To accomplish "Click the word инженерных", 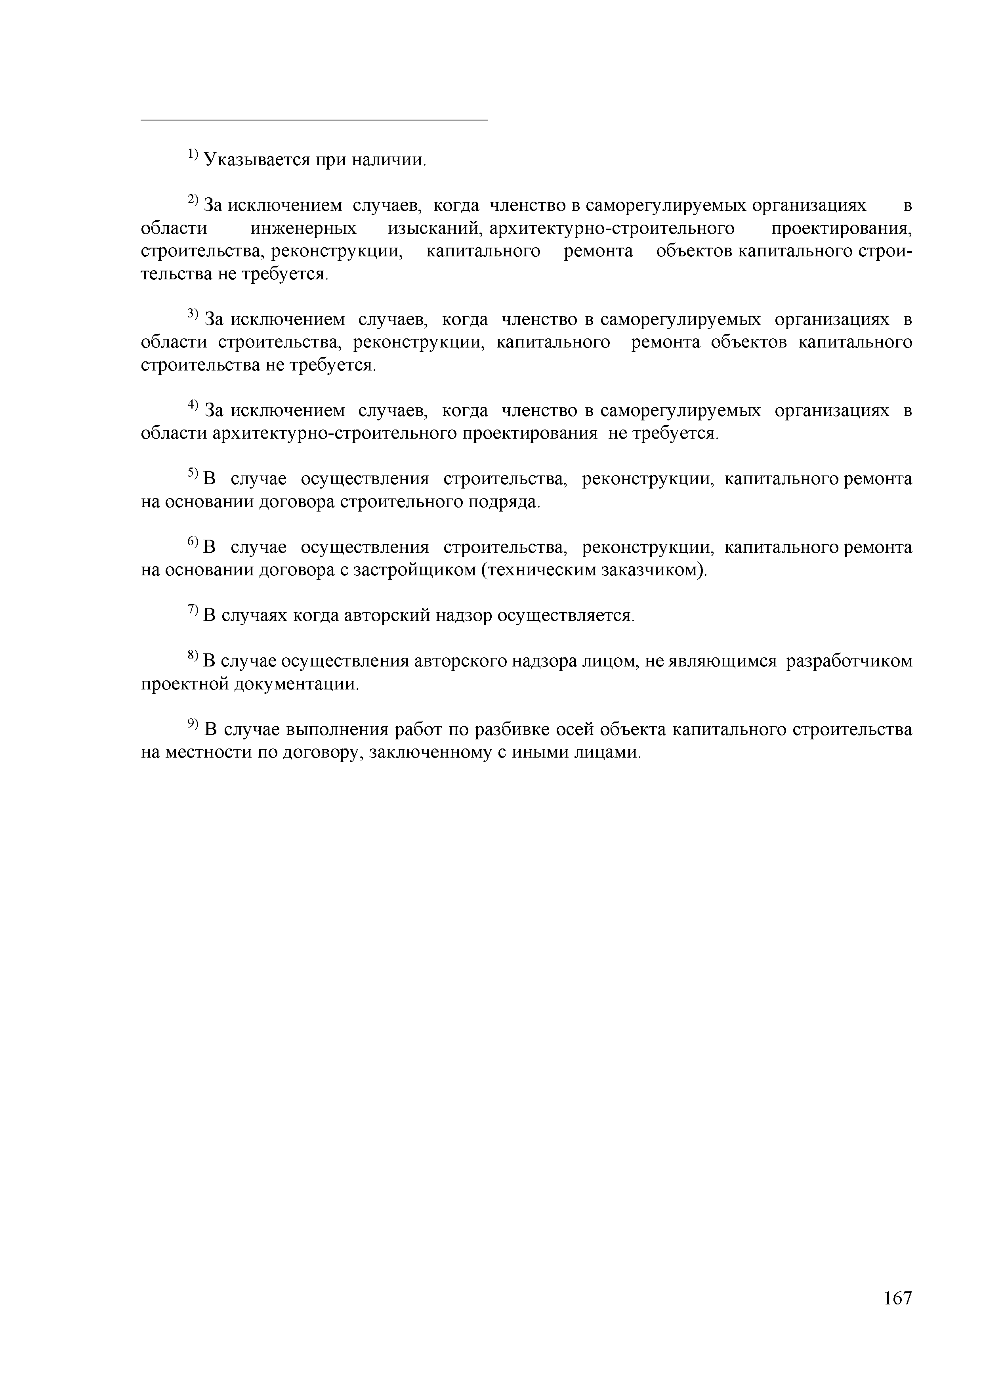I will point(303,229).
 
